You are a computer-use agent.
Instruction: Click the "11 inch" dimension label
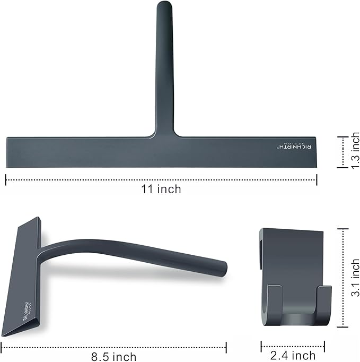click(x=161, y=189)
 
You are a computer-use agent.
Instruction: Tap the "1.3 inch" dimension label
click(x=352, y=152)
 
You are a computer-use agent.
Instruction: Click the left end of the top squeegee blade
click(x=8, y=153)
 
